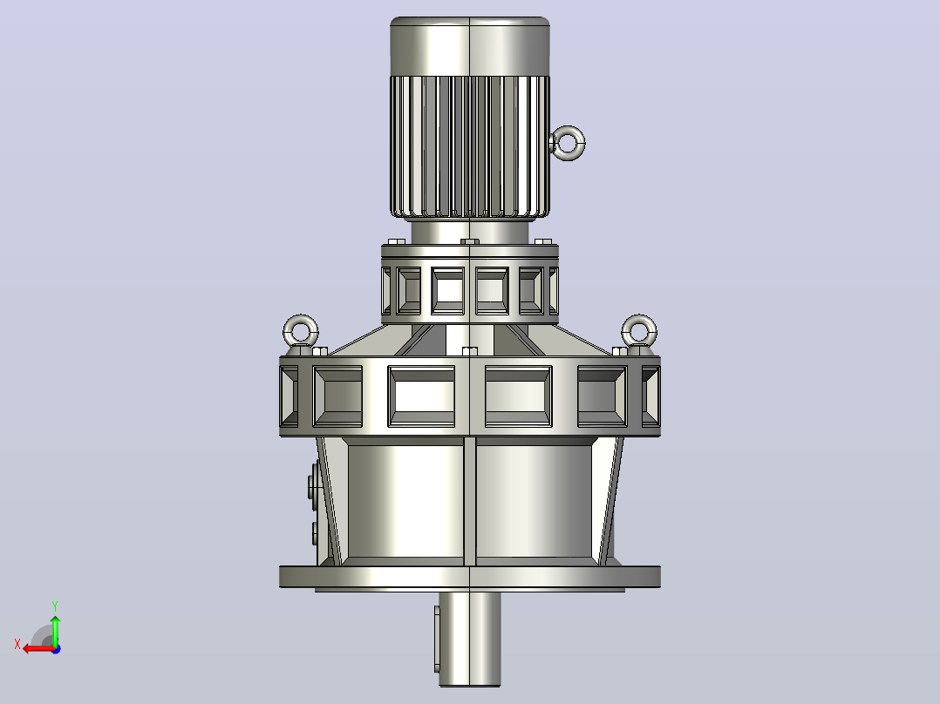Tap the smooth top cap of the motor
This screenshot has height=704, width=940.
pyautogui.click(x=470, y=46)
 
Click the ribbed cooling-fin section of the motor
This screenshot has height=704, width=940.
pyautogui.click(x=470, y=146)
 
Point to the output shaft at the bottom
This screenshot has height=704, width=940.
pyautogui.click(x=470, y=639)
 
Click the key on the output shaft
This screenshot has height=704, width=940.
pyautogui.click(x=436, y=639)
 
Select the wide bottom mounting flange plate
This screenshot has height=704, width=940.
pyautogui.click(x=470, y=577)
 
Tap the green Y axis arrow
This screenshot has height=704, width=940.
pyautogui.click(x=55, y=629)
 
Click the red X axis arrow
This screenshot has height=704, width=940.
pyautogui.click(x=39, y=649)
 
